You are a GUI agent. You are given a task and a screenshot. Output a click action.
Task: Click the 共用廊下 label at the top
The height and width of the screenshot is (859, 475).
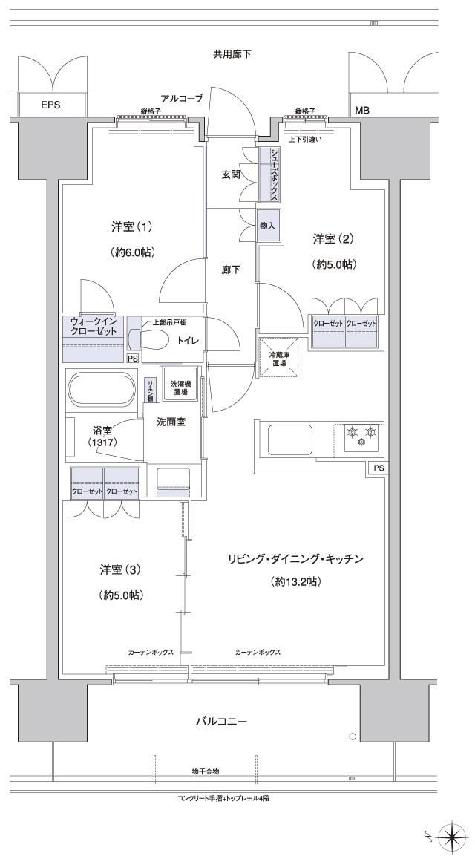[x=232, y=54]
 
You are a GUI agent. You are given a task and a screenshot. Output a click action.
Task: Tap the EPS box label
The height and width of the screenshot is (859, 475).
[x=50, y=105]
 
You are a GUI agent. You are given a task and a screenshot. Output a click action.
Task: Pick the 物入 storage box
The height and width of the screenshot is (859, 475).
[x=268, y=226]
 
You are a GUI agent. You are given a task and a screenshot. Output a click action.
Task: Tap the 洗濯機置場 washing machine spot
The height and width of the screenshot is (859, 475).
[x=180, y=385]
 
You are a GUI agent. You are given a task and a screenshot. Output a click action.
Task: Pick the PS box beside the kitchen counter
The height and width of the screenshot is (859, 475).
[x=379, y=468]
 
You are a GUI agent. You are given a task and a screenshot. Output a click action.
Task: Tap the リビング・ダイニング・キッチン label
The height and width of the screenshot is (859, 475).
[x=295, y=559]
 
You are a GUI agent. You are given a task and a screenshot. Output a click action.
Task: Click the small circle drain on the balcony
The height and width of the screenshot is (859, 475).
[x=353, y=737]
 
